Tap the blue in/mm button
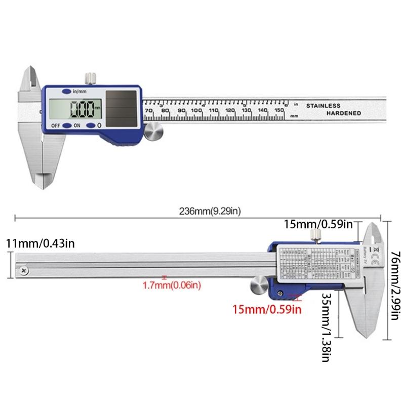(67, 92)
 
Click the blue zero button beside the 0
(91, 126)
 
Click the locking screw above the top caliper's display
(91, 77)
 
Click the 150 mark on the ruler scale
(278, 110)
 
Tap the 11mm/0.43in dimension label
(40, 244)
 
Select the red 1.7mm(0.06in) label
(172, 286)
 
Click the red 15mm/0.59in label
(267, 308)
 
